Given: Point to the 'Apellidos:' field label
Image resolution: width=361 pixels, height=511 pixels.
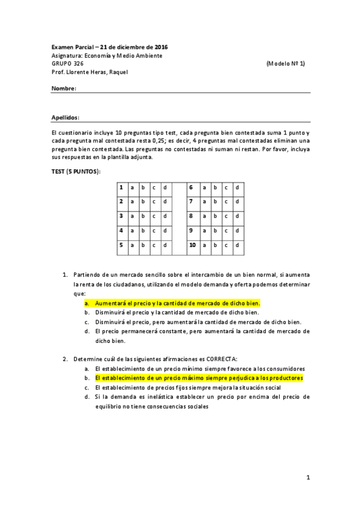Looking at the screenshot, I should [66, 118].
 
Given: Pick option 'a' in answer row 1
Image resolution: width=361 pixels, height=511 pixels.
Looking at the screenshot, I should [131, 187].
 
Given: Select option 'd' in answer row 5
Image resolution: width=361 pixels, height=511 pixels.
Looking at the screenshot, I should [165, 245].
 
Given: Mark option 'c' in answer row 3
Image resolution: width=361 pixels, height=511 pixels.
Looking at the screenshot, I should [153, 216].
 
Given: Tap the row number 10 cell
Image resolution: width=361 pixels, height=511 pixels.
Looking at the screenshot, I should [192, 245].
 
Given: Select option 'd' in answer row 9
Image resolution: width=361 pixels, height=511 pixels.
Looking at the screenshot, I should [237, 230].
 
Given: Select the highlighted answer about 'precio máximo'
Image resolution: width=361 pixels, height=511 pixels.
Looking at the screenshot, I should [198, 378].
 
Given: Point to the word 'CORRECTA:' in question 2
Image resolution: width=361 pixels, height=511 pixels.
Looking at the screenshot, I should [222, 359].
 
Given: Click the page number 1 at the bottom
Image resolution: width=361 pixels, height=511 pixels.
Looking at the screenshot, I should [307, 478].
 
